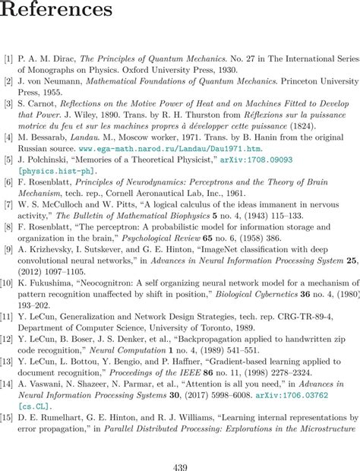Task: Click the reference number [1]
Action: (8, 58)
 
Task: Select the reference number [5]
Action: (8, 161)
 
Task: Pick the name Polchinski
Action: (46, 161)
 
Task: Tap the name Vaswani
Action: (46, 384)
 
